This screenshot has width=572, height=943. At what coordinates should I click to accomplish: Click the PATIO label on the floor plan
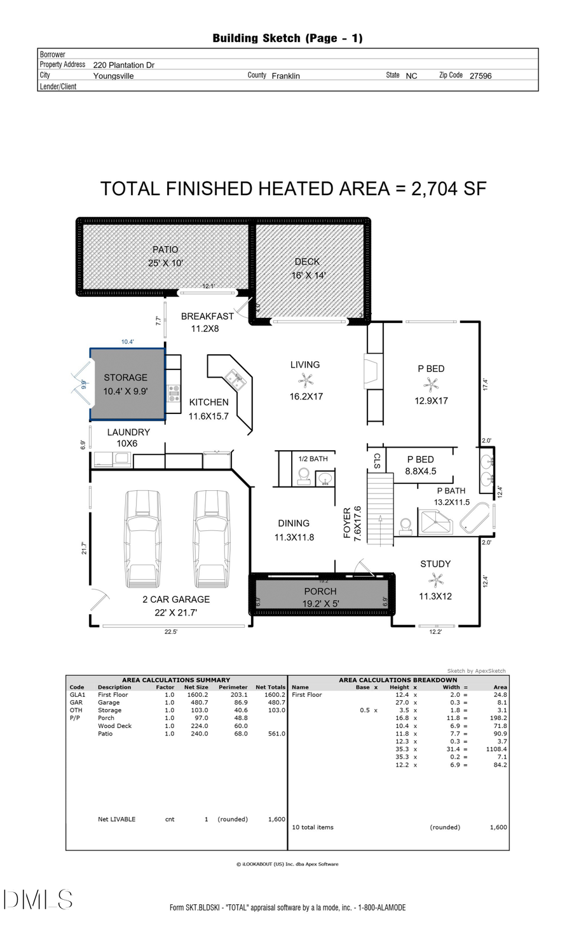[165, 250]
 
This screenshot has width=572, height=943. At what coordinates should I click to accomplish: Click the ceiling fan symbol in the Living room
[306, 380]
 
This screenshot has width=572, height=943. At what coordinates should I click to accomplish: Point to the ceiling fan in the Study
[435, 579]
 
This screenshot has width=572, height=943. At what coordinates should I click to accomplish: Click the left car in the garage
[143, 540]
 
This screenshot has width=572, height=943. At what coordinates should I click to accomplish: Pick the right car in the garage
[212, 540]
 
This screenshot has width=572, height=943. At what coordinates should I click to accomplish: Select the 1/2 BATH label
[313, 458]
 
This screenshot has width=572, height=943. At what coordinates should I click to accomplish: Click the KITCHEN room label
[208, 403]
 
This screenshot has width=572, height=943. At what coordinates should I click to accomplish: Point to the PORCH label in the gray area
[320, 591]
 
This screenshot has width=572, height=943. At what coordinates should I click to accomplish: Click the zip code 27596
[480, 76]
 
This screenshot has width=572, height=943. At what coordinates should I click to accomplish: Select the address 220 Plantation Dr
[124, 65]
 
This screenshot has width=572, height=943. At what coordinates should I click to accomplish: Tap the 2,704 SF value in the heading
[449, 189]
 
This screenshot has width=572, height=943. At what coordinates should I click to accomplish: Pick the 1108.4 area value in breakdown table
[496, 749]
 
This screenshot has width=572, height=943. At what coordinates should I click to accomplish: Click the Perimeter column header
[233, 687]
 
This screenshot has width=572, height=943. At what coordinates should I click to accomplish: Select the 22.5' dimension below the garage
[171, 632]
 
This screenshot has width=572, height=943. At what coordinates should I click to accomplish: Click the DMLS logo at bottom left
[38, 900]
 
